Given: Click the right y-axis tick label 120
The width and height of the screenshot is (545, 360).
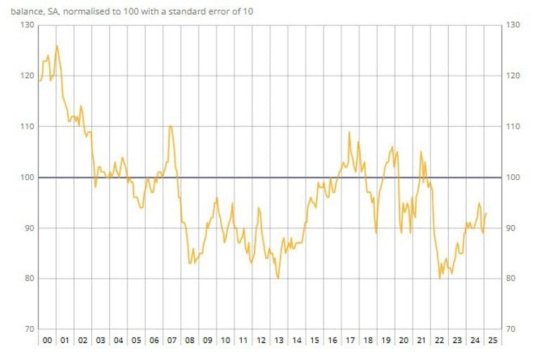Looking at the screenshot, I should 512,76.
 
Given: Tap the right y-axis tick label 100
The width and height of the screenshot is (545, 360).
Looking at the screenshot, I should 512,177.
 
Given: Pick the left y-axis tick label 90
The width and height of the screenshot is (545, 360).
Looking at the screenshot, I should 27,228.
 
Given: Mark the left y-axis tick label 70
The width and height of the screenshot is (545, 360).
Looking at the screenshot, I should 27,329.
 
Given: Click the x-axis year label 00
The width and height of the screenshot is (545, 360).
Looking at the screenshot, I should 46,340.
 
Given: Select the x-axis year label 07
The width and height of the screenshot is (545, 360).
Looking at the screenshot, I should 172,340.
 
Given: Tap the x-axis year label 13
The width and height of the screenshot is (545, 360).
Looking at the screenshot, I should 278,340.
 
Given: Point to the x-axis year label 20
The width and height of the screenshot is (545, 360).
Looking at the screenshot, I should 403,340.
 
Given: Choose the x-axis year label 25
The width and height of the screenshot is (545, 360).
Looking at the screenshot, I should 492,340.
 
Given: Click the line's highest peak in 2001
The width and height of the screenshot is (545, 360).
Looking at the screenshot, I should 56,46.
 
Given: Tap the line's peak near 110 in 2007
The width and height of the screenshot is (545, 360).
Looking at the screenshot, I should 171,126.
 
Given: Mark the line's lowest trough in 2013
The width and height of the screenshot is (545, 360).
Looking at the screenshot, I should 278,278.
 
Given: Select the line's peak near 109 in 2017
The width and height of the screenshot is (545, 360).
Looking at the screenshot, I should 350,131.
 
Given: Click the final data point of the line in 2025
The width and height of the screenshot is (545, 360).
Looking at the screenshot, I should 487,213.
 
